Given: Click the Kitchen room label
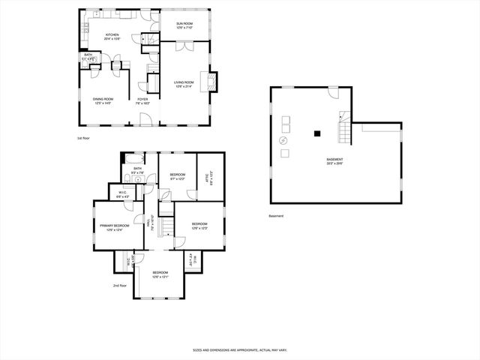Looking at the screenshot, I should coord(112,36).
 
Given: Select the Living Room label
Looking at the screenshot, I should coord(184,84).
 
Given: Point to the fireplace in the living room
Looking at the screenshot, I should coord(212,80).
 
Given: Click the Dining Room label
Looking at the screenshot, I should coord(103,101).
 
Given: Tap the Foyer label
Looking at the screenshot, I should coord(142,101).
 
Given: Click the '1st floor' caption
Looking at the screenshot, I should coord(84,138).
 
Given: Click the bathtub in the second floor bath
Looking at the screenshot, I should coord(135,158).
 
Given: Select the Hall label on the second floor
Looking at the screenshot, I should coord(153,223).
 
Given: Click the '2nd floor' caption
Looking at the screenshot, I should coord(120,286).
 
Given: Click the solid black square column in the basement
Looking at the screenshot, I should coord(317,133).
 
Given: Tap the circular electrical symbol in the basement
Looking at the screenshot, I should coord(283,140).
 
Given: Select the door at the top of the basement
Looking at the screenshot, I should coord(333,92).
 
